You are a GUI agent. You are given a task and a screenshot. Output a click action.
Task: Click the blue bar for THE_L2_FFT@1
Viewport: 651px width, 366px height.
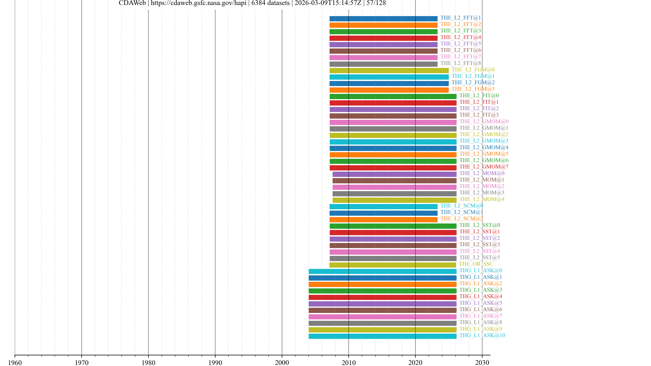tap(383, 19)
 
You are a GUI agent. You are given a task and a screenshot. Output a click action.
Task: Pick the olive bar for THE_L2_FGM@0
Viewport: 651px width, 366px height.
tap(389, 71)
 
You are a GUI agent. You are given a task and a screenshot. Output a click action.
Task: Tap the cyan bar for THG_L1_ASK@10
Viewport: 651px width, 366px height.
tap(382, 336)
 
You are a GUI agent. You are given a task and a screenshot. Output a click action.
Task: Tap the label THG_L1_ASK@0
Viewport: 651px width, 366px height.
tap(481, 271)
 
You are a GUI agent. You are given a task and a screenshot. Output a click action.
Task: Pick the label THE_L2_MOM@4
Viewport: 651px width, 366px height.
tap(482, 199)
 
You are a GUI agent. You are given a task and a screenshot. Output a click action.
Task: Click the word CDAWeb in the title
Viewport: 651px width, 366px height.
tap(132, 3)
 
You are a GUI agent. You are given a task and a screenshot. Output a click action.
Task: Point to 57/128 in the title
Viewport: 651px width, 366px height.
tap(376, 3)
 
